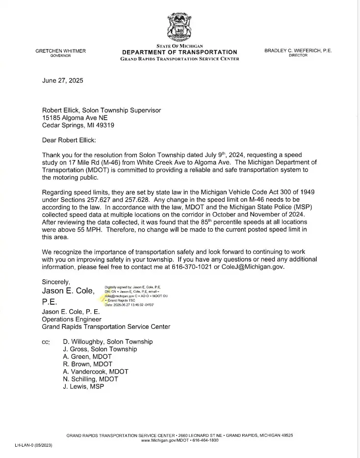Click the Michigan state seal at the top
coord(179,27)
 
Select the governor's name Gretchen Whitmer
coord(60,51)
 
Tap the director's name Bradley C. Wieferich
coord(298,51)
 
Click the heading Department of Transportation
coord(180,52)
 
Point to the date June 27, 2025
coord(62,81)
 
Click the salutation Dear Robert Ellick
coord(69,140)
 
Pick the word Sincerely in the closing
coord(56,282)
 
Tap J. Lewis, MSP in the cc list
coord(83,387)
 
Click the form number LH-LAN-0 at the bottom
coord(33,445)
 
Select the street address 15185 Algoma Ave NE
coord(75,118)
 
